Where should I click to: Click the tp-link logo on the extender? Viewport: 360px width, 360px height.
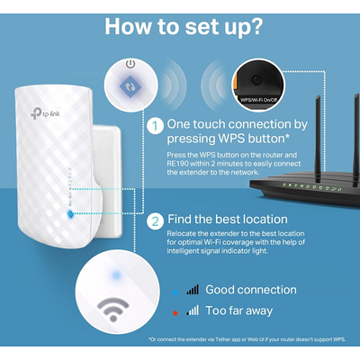[x=45, y=113]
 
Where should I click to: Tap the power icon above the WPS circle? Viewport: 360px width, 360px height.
[x=130, y=64]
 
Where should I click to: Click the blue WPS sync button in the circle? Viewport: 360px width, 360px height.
[x=130, y=86]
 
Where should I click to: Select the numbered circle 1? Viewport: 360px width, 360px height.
[x=156, y=126]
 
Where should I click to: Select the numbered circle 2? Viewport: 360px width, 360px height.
[x=156, y=221]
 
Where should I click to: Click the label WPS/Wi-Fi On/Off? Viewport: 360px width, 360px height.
[x=259, y=100]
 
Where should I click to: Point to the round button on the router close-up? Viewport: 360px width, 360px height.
[x=256, y=79]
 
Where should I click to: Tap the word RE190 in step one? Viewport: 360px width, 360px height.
[x=175, y=164]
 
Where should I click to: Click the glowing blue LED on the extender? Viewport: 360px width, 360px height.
[x=70, y=214]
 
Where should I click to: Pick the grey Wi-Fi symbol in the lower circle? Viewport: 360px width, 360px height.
[x=112, y=309]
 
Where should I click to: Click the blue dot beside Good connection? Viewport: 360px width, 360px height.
[x=175, y=292]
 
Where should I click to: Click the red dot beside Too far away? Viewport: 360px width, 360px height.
[x=175, y=313]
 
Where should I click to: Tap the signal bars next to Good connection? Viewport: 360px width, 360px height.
[x=193, y=290]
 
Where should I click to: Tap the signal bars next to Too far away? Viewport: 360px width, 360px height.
[x=193, y=310]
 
